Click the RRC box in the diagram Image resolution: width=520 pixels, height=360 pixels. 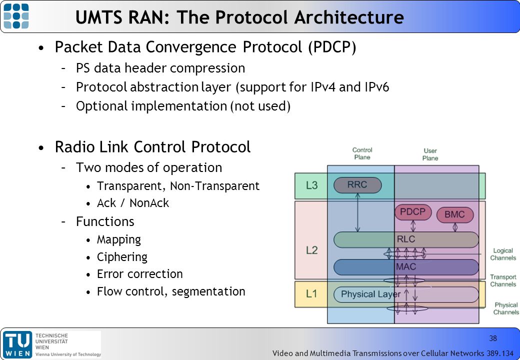[x=357, y=185]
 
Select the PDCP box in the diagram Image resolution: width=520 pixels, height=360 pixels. [x=413, y=212]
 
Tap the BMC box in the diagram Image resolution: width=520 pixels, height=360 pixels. [x=454, y=214]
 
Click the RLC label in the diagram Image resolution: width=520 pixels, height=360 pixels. [x=406, y=239]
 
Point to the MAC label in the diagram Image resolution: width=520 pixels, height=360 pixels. [x=406, y=266]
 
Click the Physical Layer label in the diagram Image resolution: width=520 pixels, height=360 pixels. [x=371, y=294]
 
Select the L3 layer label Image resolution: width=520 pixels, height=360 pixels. [x=311, y=185]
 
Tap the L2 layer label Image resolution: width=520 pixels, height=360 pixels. [x=311, y=250]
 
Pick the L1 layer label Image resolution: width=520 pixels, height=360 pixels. [x=311, y=293]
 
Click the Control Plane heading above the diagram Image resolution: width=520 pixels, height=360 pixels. [x=362, y=153]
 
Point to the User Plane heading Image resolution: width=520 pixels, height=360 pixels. [x=430, y=154]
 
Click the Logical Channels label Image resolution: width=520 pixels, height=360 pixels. [x=503, y=254]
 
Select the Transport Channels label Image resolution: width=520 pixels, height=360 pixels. [x=503, y=280]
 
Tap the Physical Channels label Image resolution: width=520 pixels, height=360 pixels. [x=506, y=308]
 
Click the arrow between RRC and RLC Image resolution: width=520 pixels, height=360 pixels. [x=357, y=212]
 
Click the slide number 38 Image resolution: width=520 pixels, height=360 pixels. [x=493, y=338]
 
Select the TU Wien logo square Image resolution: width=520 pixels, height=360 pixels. [x=17, y=345]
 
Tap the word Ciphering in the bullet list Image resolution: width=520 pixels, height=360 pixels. [x=122, y=257]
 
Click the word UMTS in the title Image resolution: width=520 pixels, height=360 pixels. [x=99, y=17]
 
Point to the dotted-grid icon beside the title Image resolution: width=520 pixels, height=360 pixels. [x=16, y=16]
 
